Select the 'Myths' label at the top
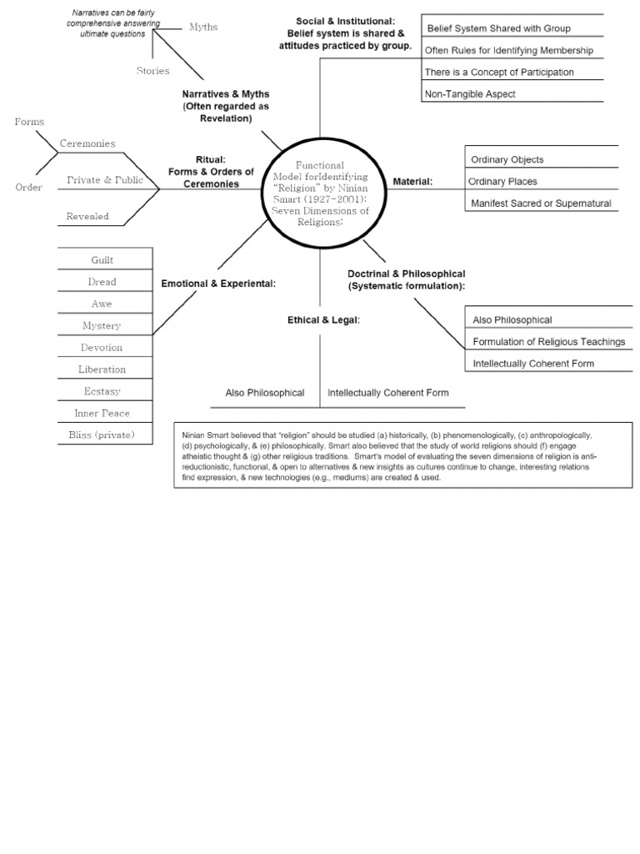[x=203, y=27]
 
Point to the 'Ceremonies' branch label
[x=87, y=143]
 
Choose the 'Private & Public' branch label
[x=105, y=179]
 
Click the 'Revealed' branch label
[x=87, y=216]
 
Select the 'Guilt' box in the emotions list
[x=102, y=260]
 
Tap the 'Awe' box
[x=102, y=304]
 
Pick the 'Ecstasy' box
[x=102, y=391]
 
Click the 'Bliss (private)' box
[x=102, y=435]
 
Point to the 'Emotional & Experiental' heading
[x=218, y=284]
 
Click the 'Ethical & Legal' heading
[x=323, y=319]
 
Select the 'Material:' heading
[x=412, y=181]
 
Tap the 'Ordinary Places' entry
[x=502, y=181]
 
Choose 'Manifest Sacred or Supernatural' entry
[x=541, y=203]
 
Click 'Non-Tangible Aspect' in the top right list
[x=470, y=94]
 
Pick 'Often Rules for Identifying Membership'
[x=509, y=50]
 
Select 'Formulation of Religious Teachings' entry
[x=548, y=342]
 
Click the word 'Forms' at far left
[x=29, y=122]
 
